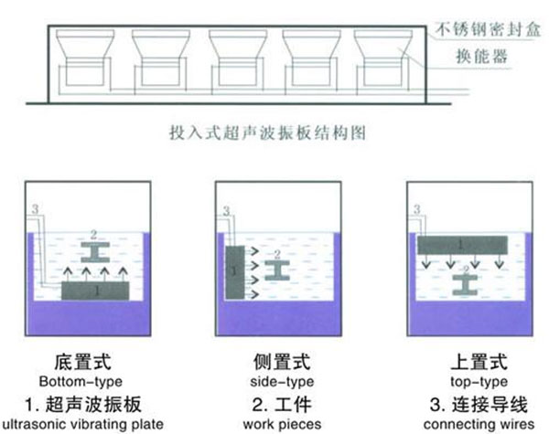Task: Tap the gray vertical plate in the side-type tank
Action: tap(236, 271)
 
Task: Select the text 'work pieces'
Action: tap(274, 425)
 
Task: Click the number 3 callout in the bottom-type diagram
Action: tap(34, 210)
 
